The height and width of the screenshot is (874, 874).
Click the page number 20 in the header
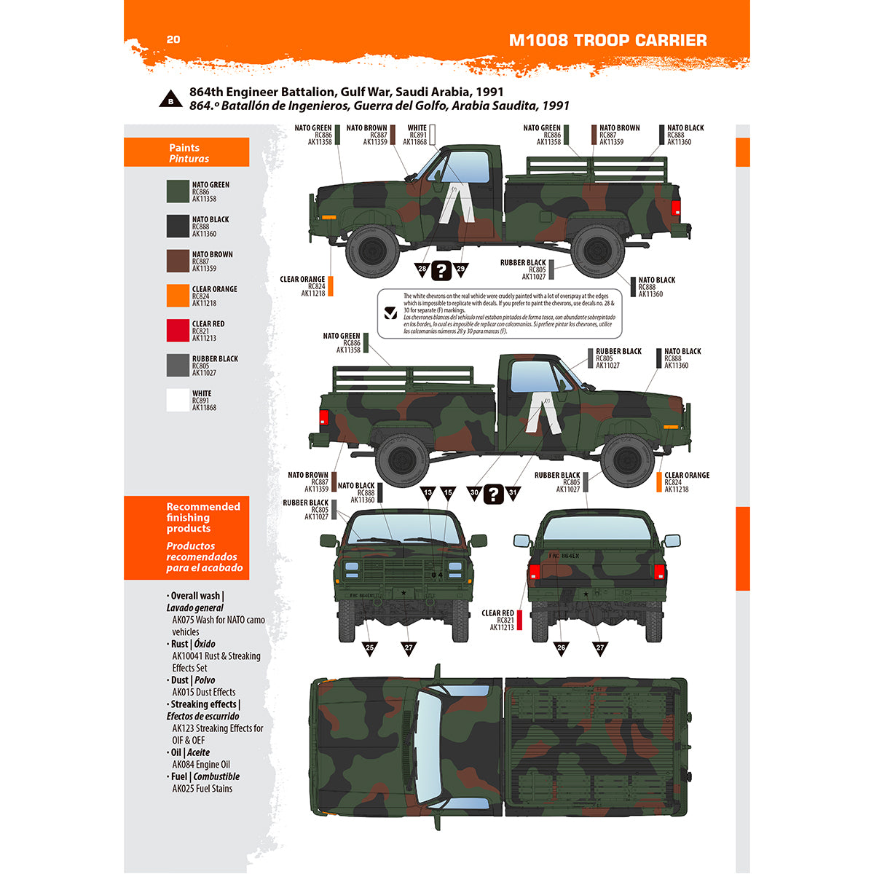point(173,39)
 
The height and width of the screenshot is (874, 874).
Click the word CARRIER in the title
point(671,40)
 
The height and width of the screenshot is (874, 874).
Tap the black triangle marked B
point(170,100)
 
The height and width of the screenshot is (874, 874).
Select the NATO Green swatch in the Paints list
point(178,192)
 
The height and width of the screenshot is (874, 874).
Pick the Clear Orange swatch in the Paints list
point(178,296)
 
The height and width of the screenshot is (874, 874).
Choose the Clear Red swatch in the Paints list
point(178,331)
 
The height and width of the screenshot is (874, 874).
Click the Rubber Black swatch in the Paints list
point(178,366)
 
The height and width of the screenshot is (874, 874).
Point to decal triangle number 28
point(422,269)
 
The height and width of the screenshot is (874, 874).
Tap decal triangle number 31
point(513,493)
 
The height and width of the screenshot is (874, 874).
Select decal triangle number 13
point(428,493)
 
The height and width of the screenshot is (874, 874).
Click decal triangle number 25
point(370,647)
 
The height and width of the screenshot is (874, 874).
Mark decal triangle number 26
point(561,647)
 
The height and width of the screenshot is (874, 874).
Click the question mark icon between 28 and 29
point(441,271)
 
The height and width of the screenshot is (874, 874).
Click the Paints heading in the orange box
point(184,148)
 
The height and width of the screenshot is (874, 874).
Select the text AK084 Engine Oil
point(201,765)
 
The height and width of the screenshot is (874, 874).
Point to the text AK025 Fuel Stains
point(202,789)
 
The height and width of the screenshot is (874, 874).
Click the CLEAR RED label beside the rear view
point(497,613)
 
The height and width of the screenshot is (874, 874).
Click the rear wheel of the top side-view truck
point(597,250)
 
